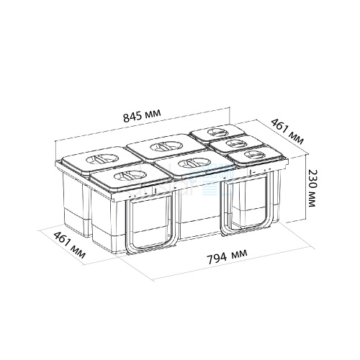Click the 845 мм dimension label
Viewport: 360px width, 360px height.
[x=142, y=115]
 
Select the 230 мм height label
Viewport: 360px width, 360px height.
[x=312, y=188]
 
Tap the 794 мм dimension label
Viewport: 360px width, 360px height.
[x=227, y=256]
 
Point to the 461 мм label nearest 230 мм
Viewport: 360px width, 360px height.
[x=287, y=132]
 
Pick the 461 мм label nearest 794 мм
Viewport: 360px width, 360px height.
[x=70, y=245]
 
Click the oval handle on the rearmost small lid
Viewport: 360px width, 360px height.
[x=217, y=132]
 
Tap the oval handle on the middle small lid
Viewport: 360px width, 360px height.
[x=236, y=143]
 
